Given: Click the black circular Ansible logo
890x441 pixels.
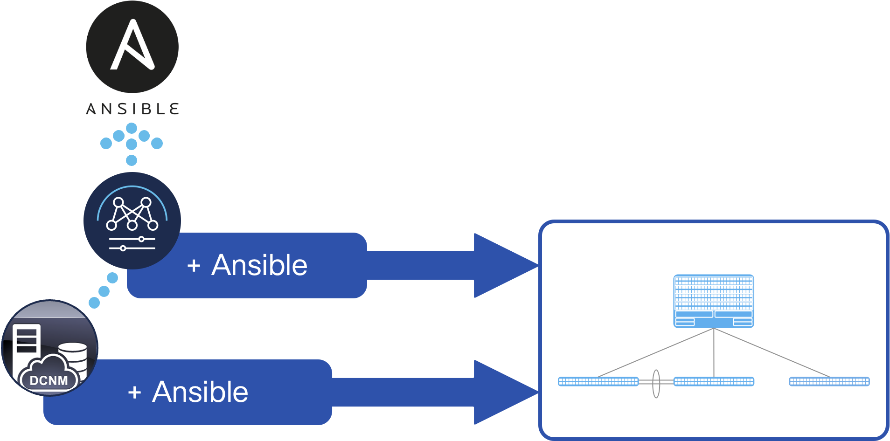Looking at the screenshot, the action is click(x=132, y=47).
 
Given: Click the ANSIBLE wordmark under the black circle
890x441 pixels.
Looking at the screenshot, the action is click(x=132, y=109).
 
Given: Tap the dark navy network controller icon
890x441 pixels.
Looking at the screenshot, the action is click(x=132, y=220).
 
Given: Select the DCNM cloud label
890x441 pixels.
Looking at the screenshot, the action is click(x=49, y=380).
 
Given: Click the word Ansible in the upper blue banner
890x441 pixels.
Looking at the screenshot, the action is click(x=259, y=265).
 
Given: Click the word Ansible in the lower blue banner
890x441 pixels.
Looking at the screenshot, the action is click(x=200, y=392).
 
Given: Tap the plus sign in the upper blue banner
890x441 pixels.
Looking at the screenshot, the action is click(x=194, y=266).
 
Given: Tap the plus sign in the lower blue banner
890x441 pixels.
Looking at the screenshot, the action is click(x=134, y=393).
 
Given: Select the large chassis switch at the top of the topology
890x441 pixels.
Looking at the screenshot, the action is click(x=714, y=301).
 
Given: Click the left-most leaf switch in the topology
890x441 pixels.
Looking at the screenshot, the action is click(x=598, y=382).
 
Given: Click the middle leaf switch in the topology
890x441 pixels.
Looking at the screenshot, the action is click(x=714, y=382).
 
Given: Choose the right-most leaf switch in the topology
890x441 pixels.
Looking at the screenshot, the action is click(x=829, y=382).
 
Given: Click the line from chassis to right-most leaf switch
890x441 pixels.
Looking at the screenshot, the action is click(x=772, y=352).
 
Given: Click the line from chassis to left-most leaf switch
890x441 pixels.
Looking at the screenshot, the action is click(x=655, y=352).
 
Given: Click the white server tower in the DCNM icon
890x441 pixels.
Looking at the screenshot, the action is click(x=27, y=347).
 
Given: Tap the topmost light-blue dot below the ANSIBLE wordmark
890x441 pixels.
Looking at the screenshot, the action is click(x=132, y=128).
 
